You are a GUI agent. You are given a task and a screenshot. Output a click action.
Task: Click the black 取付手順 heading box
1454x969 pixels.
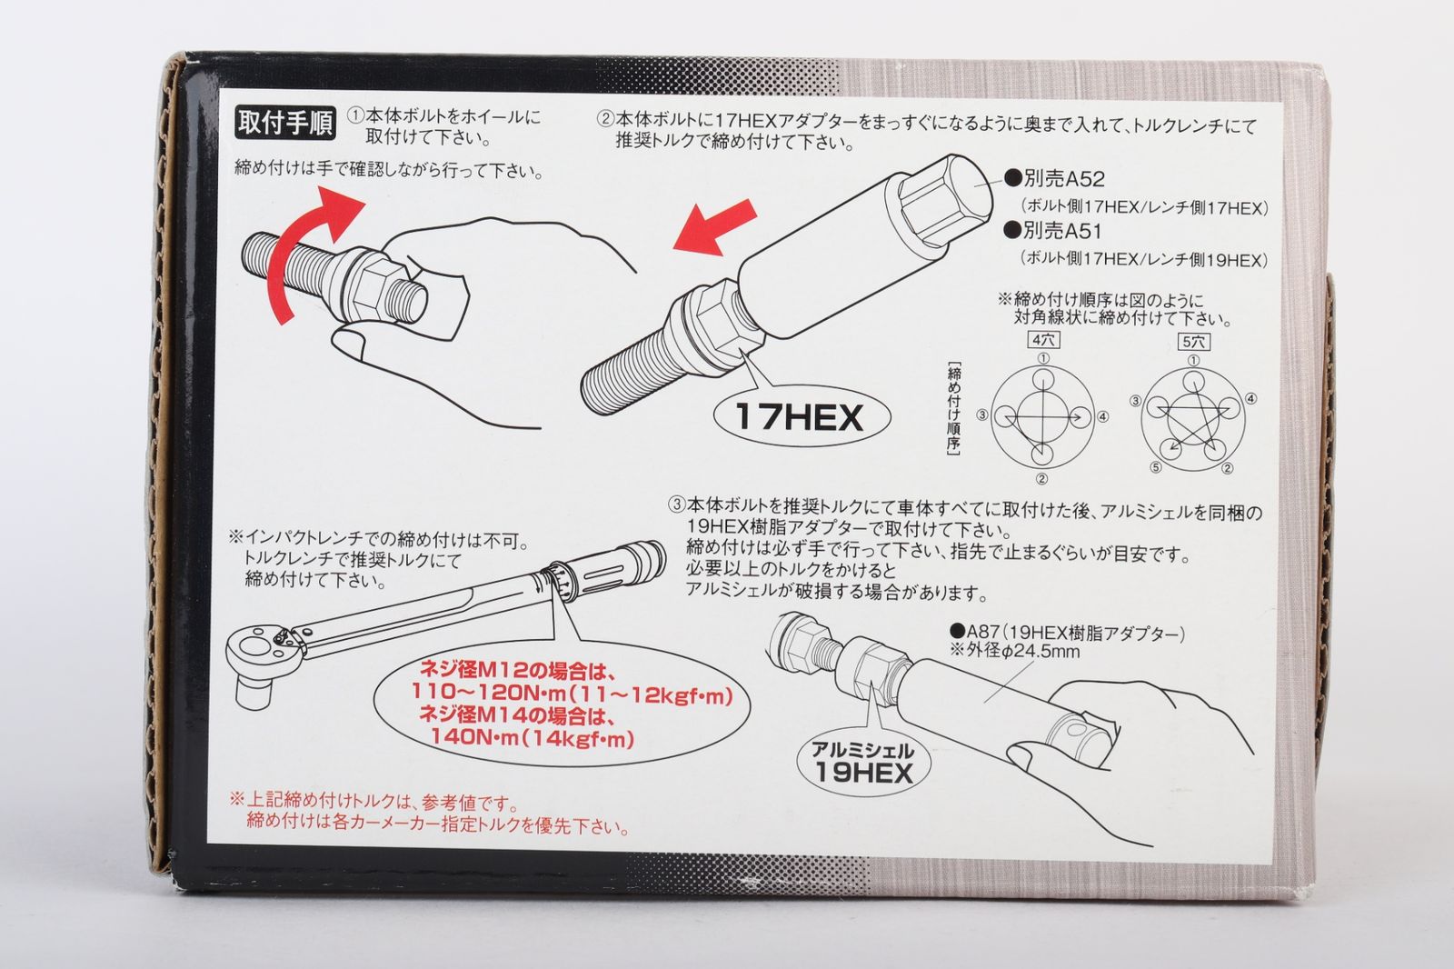tap(285, 122)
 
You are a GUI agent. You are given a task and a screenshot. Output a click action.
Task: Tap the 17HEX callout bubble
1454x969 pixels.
tap(802, 416)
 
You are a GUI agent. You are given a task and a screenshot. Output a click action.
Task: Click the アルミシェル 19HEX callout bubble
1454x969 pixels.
tap(862, 764)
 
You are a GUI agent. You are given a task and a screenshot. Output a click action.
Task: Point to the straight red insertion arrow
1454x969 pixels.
tap(714, 228)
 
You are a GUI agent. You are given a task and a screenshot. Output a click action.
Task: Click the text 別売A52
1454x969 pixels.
tap(1055, 178)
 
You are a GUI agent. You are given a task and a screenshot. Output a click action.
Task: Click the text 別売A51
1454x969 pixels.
tap(1053, 231)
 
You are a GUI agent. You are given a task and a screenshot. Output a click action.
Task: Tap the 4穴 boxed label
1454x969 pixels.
tap(1043, 340)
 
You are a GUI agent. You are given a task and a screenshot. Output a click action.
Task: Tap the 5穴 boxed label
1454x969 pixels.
tap(1193, 342)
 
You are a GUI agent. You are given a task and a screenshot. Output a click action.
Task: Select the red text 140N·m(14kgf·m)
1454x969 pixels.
tap(533, 739)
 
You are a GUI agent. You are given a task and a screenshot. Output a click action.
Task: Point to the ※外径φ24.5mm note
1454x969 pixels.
tap(1015, 650)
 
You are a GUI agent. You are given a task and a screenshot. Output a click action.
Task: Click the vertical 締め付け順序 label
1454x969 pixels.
tap(953, 408)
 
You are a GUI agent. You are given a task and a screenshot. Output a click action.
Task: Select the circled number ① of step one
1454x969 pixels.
tap(355, 117)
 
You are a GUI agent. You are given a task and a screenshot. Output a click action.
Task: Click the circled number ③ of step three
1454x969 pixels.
tap(677, 504)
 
